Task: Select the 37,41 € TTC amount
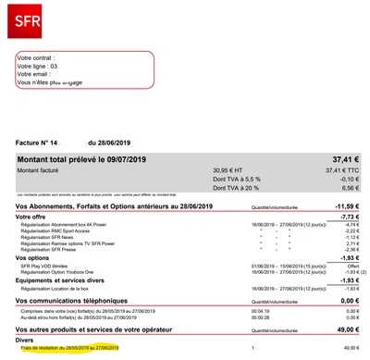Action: click(x=339, y=170)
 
